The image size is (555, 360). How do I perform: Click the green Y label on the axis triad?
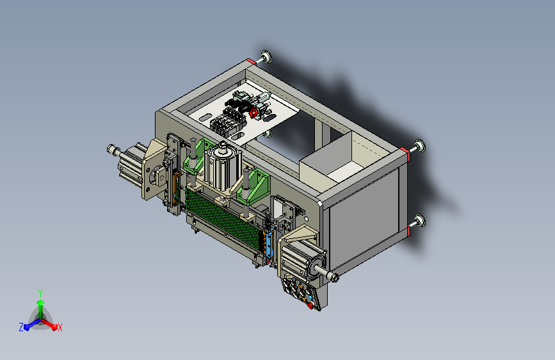[40, 293]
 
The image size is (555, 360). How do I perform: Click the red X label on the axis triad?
[60, 328]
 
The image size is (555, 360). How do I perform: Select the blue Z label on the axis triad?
[21, 327]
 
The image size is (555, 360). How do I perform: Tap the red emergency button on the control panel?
[310, 305]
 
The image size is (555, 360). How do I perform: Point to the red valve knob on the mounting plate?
[253, 113]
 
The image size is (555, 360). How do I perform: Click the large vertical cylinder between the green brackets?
[222, 167]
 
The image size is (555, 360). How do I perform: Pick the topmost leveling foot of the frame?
[266, 57]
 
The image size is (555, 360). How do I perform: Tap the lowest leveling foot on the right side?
[420, 220]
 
